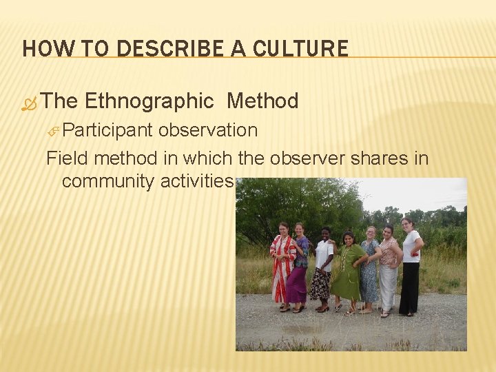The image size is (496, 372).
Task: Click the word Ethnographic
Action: point(149,102)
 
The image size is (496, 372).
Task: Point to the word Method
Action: point(262,102)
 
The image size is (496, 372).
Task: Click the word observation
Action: point(207,130)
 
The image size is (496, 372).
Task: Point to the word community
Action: point(107,181)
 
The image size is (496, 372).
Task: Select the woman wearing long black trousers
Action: point(410,269)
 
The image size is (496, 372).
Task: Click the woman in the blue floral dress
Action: point(370,269)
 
